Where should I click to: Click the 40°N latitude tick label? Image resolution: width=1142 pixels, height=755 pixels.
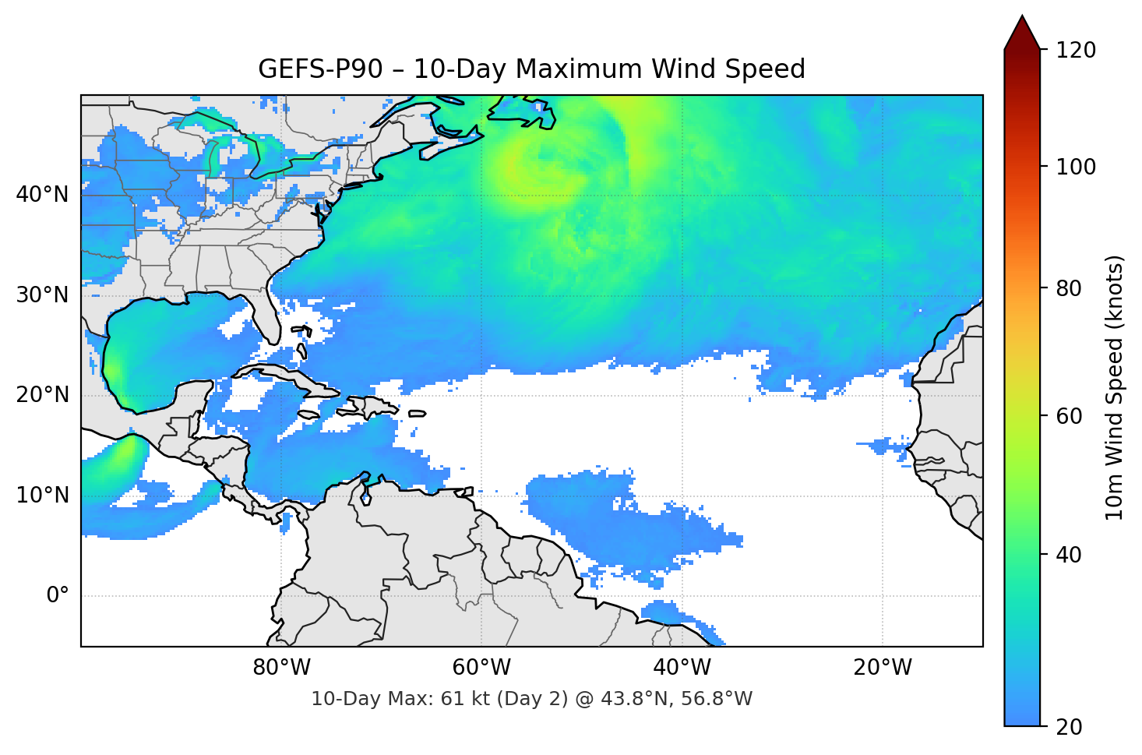[42, 195]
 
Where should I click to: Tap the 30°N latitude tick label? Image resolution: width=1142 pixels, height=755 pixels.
[42, 295]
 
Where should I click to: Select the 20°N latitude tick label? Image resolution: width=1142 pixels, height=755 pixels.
[42, 395]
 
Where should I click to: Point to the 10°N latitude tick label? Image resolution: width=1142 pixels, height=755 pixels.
[42, 496]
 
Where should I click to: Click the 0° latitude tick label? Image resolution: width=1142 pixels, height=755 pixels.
[58, 596]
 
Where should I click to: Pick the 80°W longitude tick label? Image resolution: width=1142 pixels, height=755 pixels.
[281, 668]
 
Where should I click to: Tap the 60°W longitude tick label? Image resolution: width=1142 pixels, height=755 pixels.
[481, 668]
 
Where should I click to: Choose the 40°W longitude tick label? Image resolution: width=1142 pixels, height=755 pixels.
[682, 668]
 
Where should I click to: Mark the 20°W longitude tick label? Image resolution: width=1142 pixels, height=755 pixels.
[882, 668]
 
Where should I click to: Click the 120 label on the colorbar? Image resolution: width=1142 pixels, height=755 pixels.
[1075, 51]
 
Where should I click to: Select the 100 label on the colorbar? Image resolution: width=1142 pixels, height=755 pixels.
[1075, 167]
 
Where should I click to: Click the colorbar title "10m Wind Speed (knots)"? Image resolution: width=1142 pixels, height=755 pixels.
[1115, 388]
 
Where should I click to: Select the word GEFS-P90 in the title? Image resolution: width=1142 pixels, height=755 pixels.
[320, 69]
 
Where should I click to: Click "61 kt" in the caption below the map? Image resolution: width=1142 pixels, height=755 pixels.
[462, 699]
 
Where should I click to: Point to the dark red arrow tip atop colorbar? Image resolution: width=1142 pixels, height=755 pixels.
[1022, 31]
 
